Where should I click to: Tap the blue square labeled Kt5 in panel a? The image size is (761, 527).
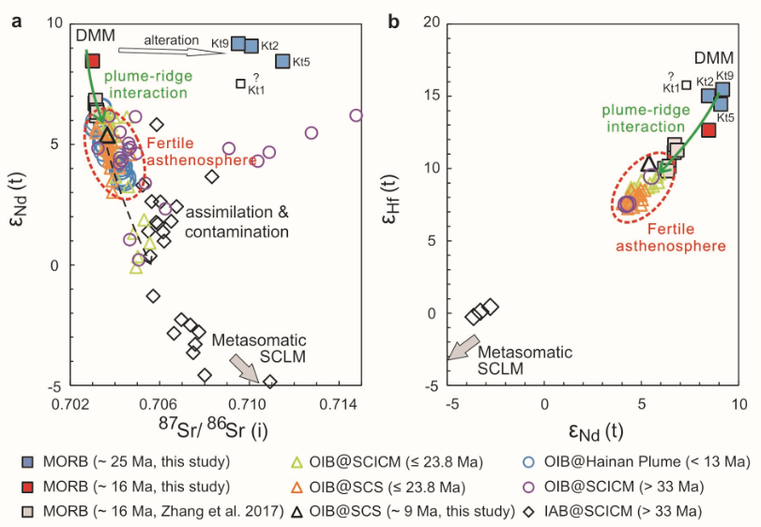[x=283, y=62]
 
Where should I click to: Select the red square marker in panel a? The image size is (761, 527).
[x=92, y=61]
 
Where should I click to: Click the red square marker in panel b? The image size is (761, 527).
[x=708, y=129]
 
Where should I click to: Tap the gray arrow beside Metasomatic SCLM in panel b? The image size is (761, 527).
[x=459, y=352]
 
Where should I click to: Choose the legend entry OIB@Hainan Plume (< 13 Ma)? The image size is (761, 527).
[x=633, y=462]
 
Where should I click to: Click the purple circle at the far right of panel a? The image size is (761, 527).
[x=357, y=115]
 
